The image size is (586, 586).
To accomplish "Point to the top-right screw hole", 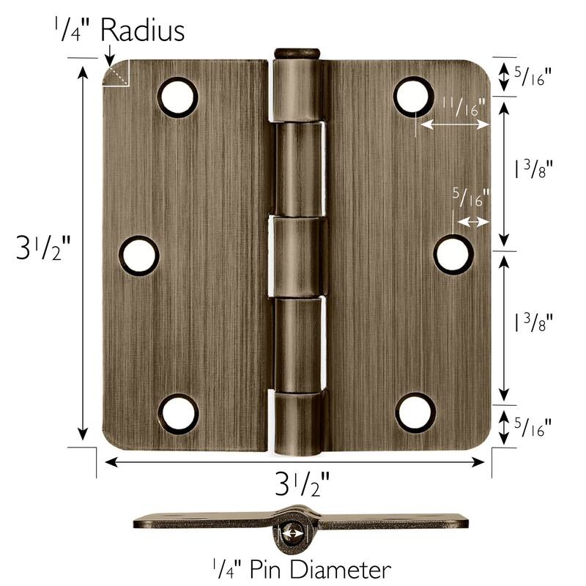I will (x=414, y=96).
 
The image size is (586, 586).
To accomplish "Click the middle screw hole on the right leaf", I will (x=453, y=254).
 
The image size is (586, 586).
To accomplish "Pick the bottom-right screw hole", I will (x=415, y=412).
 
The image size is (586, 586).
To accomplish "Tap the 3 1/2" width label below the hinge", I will (x=301, y=485).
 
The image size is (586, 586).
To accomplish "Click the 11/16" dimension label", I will (x=460, y=107).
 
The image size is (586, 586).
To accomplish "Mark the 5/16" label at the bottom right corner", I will (x=533, y=425).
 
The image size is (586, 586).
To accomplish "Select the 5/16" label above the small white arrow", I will (x=470, y=198).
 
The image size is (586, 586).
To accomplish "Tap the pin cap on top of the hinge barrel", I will (x=296, y=53).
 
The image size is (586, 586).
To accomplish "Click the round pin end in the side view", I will (x=292, y=533).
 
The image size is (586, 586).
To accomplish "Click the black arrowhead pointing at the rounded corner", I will (x=108, y=54).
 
